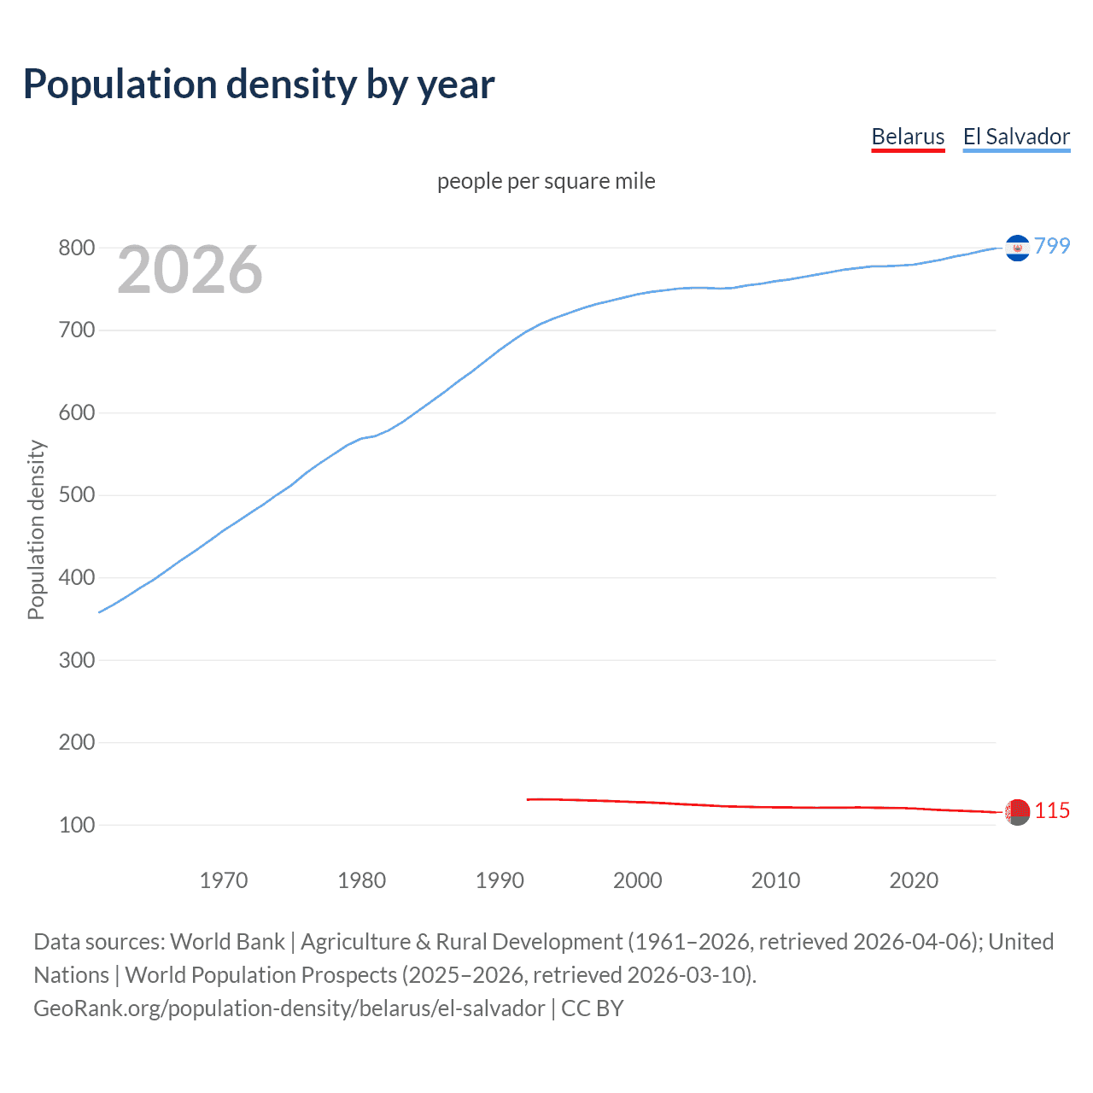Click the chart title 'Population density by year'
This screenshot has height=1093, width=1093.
click(x=259, y=85)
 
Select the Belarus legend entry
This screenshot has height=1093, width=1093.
click(x=908, y=137)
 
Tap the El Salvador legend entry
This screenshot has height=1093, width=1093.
click(x=1016, y=137)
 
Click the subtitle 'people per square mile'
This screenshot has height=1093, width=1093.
click(x=546, y=182)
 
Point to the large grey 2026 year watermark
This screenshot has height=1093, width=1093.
click(x=190, y=271)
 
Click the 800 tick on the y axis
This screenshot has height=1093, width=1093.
click(x=76, y=248)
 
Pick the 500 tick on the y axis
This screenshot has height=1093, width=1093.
click(x=76, y=495)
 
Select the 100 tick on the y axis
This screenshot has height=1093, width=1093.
click(x=76, y=825)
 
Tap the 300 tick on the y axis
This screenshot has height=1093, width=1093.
click(x=76, y=660)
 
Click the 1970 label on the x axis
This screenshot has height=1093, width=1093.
click(x=224, y=880)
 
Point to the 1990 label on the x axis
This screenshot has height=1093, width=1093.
click(x=500, y=880)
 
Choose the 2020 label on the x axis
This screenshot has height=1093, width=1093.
click(x=914, y=880)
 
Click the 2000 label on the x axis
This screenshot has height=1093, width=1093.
click(x=638, y=880)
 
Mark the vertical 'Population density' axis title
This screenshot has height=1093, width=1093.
click(x=36, y=529)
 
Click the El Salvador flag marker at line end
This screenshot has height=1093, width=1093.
click(x=1017, y=248)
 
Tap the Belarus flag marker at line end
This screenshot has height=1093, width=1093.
click(x=1017, y=812)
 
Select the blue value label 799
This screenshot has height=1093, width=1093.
click(x=1052, y=247)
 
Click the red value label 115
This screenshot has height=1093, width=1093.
click(x=1052, y=811)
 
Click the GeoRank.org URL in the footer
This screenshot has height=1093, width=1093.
click(x=289, y=1008)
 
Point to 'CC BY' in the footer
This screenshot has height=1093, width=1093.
click(x=593, y=1008)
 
